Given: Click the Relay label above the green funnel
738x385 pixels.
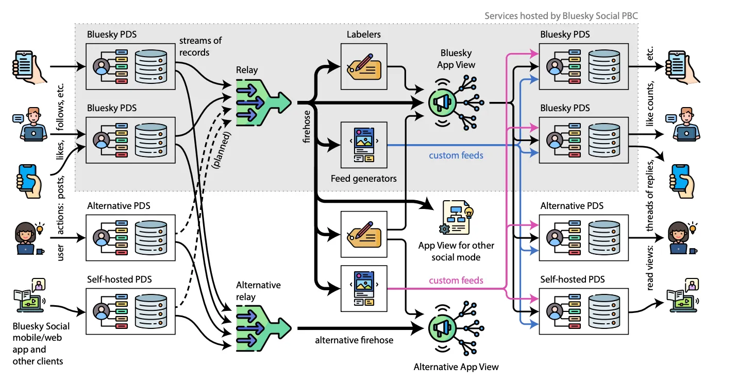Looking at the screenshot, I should (247, 69).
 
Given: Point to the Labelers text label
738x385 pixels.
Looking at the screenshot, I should (363, 34).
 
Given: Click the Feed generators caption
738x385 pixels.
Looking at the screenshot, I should (364, 179).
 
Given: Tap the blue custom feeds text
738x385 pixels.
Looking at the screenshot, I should (456, 154).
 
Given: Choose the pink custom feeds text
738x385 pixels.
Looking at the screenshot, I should (456, 281).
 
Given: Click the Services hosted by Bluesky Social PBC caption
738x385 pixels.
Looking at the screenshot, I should (561, 16).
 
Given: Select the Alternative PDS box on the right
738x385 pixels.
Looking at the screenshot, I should (583, 237).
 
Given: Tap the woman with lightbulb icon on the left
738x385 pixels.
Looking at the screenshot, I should (28, 238).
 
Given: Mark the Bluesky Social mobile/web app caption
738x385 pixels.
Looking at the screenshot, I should (41, 344).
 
